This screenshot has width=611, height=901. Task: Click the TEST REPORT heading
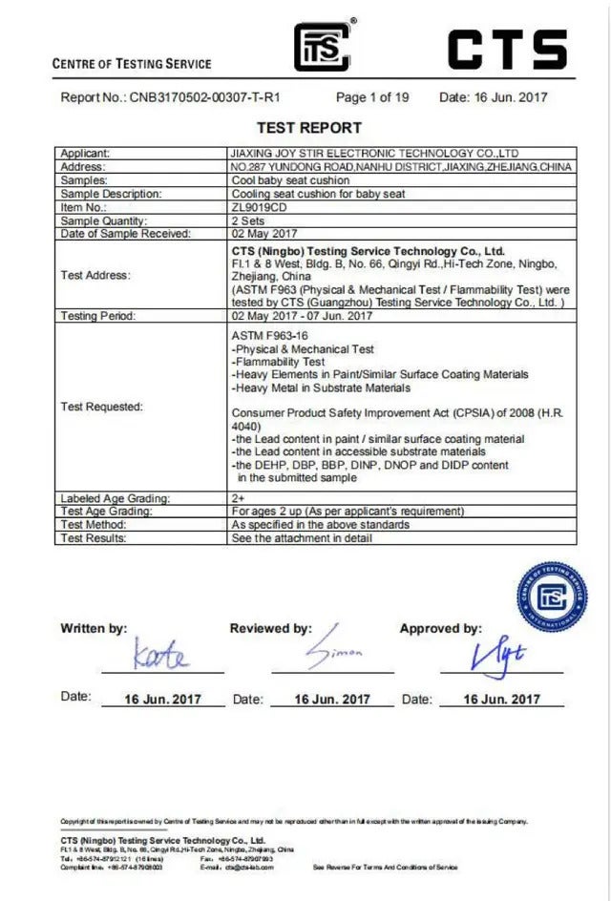click(309, 128)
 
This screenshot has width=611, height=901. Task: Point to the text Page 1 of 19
click(372, 97)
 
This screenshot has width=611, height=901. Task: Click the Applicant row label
click(85, 153)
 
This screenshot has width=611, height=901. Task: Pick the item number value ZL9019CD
click(258, 207)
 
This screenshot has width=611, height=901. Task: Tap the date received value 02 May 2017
click(264, 234)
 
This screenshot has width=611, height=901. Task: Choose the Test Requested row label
click(101, 407)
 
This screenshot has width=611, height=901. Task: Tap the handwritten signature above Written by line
click(161, 657)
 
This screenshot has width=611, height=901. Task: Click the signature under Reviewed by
click(333, 653)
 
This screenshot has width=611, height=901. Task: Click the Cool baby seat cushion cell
click(290, 180)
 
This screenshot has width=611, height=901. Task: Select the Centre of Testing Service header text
click(132, 64)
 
